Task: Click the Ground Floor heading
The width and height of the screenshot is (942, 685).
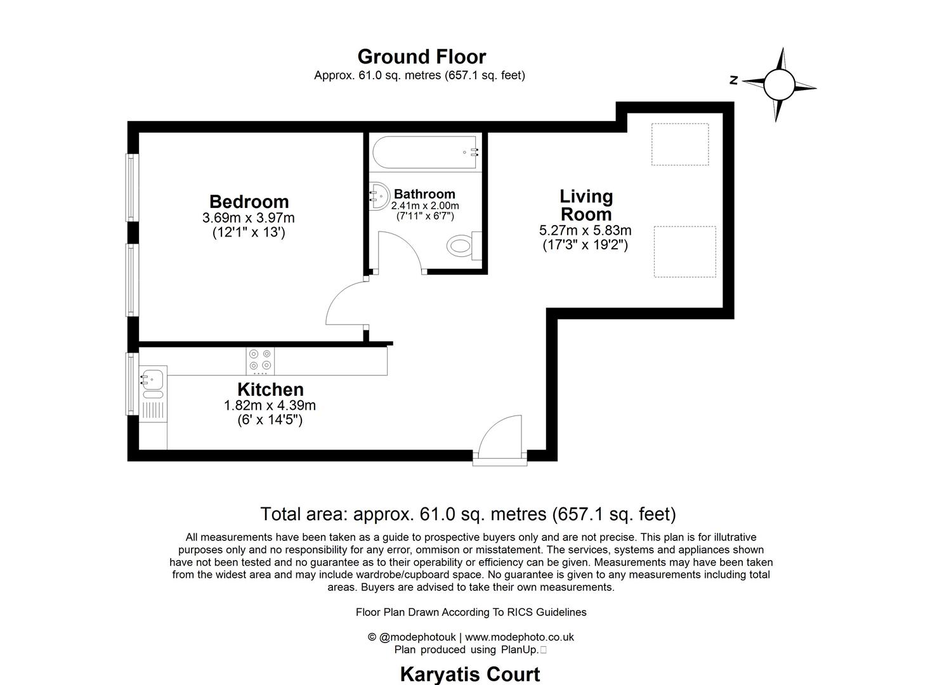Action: click(x=421, y=56)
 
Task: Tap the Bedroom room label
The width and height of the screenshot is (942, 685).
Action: click(x=249, y=202)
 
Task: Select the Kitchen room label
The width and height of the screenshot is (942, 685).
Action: click(x=270, y=389)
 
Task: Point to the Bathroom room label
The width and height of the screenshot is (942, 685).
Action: click(x=424, y=194)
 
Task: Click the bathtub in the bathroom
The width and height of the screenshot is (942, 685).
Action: click(x=425, y=153)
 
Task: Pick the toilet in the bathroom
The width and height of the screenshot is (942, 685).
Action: click(x=462, y=245)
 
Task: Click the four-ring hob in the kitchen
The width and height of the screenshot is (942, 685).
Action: click(x=260, y=360)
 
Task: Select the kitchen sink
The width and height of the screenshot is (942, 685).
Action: click(x=152, y=380)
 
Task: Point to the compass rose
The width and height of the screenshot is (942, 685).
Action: click(x=779, y=84)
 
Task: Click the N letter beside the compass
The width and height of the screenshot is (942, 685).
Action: click(x=733, y=80)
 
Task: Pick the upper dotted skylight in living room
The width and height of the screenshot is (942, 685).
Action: click(x=679, y=145)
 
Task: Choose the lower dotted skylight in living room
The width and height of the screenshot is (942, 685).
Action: click(x=684, y=252)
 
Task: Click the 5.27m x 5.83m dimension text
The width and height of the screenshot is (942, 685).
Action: click(x=585, y=230)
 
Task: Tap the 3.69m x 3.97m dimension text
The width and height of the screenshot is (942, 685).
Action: click(x=248, y=218)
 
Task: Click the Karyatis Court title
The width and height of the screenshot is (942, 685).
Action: click(x=469, y=674)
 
